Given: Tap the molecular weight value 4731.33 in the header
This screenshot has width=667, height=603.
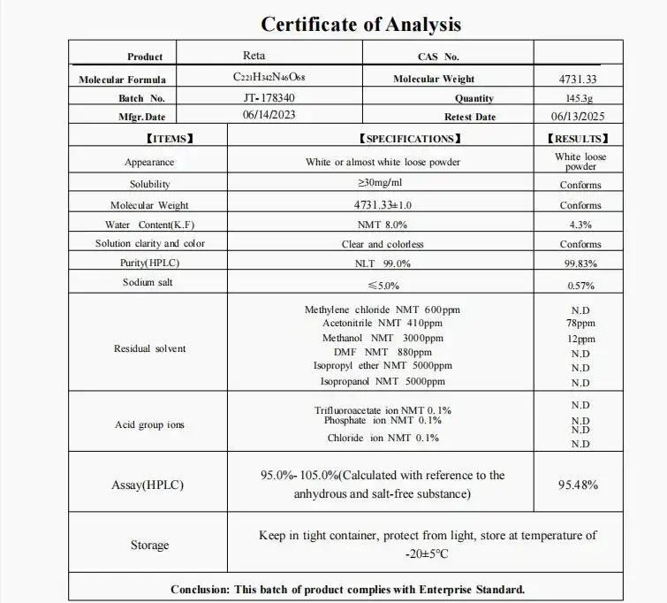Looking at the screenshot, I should pyautogui.click(x=579, y=80).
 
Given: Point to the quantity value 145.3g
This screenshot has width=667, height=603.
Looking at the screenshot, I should pyautogui.click(x=580, y=99).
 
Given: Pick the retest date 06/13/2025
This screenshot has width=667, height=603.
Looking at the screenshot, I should pyautogui.click(x=579, y=117).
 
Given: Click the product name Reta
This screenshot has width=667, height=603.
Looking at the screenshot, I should pyautogui.click(x=254, y=56).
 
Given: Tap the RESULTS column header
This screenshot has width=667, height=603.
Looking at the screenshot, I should pyautogui.click(x=580, y=139).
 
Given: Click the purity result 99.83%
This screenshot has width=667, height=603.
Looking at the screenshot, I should pyautogui.click(x=580, y=263).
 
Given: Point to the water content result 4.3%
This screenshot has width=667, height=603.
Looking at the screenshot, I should pyautogui.click(x=580, y=225).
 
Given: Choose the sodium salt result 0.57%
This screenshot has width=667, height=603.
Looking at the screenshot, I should pyautogui.click(x=580, y=286).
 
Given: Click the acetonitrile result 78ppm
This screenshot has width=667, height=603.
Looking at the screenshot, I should pyautogui.click(x=580, y=324).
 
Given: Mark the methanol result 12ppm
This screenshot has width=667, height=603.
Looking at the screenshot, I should pyautogui.click(x=580, y=339).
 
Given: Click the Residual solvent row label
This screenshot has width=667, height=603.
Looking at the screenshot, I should pyautogui.click(x=150, y=348).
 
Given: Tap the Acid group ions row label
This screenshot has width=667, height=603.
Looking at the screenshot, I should pyautogui.click(x=150, y=424).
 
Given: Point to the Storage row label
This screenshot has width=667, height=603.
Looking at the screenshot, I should pyautogui.click(x=149, y=545).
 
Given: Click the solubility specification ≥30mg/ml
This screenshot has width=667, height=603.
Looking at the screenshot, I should pyautogui.click(x=383, y=183).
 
